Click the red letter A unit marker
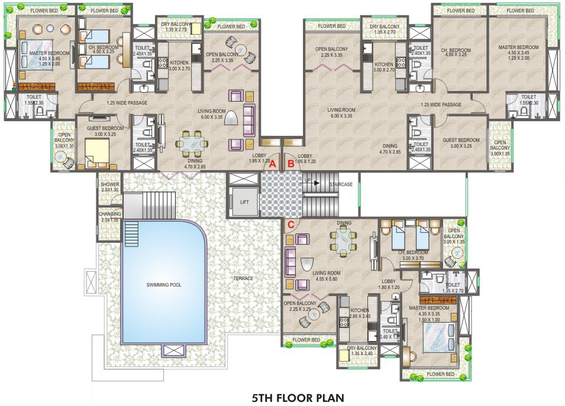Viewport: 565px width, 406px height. coord(272,164)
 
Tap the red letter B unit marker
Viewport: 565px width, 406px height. coord(290,164)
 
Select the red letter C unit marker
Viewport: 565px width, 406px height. coord(290,225)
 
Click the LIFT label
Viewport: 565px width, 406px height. coord(244,202)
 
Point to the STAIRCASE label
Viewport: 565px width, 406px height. coord(341,184)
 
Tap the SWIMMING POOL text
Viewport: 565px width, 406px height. coord(164,285)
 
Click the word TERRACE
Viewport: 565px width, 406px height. coord(243,278)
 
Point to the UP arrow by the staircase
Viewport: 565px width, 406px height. coord(308,179)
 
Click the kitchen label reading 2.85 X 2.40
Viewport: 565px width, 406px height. coord(359,313)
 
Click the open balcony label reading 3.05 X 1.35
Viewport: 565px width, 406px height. coord(454,236)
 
